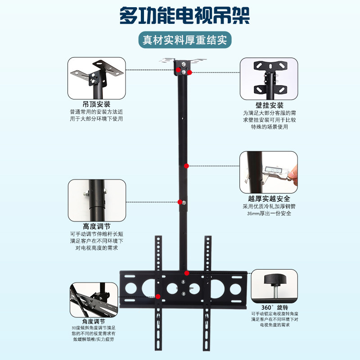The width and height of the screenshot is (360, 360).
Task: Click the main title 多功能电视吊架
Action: click(x=180, y=17)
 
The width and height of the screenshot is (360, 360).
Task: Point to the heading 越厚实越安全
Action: click(x=269, y=198)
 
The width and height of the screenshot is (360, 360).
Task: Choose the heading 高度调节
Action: click(x=97, y=226)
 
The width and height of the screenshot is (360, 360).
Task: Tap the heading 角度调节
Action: click(x=94, y=322)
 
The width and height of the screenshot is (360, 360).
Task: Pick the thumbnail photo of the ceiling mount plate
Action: click(x=97, y=78)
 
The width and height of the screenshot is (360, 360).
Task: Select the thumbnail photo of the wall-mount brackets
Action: click(x=269, y=78)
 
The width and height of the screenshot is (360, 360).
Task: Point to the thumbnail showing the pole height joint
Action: click(x=97, y=199)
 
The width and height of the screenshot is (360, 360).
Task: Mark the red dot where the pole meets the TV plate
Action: click(x=186, y=273)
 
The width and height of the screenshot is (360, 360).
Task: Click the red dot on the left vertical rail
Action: click(x=158, y=296)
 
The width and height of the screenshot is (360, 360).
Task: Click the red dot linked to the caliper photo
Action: click(x=186, y=166)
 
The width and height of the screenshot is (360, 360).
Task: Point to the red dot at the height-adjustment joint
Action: click(x=180, y=202)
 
